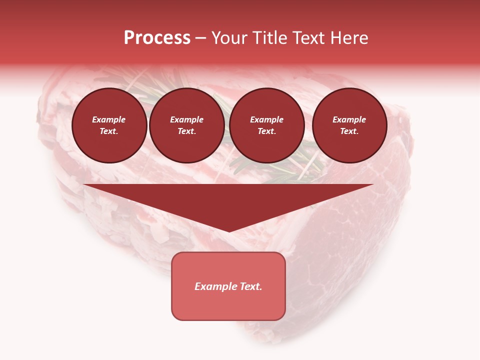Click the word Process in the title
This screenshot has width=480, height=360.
point(157,38)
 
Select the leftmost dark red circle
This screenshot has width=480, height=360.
point(109,125)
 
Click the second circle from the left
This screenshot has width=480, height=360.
point(187,125)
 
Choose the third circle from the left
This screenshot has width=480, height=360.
point(267,125)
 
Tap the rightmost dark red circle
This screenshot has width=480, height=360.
point(349,125)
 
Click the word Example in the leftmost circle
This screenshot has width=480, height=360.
point(109,120)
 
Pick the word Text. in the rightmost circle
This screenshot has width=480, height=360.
point(349,131)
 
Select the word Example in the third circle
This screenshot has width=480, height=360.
point(267,120)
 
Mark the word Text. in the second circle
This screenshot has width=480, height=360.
point(187,131)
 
